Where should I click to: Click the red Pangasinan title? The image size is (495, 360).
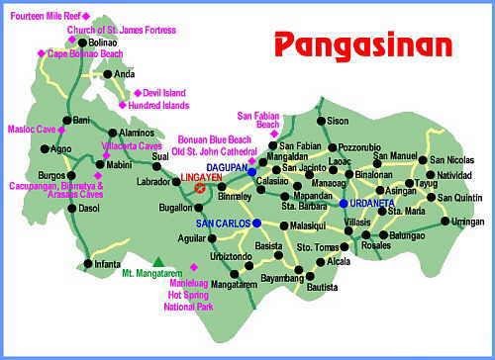[362, 45]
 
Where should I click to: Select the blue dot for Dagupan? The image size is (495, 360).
[252, 171]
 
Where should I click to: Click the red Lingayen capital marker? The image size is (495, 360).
[200, 187]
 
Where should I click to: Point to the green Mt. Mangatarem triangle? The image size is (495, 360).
[156, 260]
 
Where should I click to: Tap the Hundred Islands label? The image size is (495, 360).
[157, 105]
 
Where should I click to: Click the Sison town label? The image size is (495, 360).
[339, 122]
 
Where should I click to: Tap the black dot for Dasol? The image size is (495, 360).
[70, 209]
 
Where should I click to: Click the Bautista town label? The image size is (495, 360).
[323, 287]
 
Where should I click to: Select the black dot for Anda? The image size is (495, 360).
[108, 74]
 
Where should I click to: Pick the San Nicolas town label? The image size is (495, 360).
[452, 159]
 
